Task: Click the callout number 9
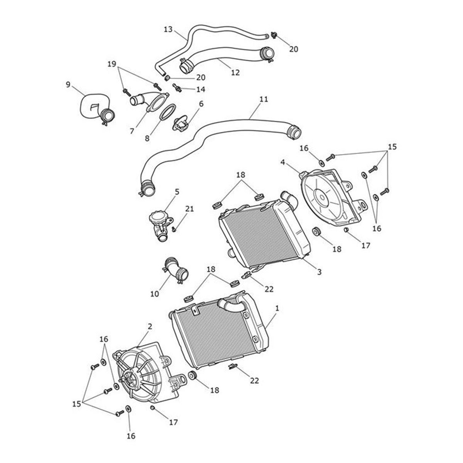pos(68,84)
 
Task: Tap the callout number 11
pos(264,99)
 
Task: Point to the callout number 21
pos(189,209)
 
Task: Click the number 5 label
pos(177,191)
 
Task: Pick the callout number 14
pos(201,89)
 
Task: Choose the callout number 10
pos(155,294)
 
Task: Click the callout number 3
pos(319,272)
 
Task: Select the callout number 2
pos(150,326)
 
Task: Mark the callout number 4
pos(283,162)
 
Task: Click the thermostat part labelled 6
pos(182,125)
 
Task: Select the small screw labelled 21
pos(174,230)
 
